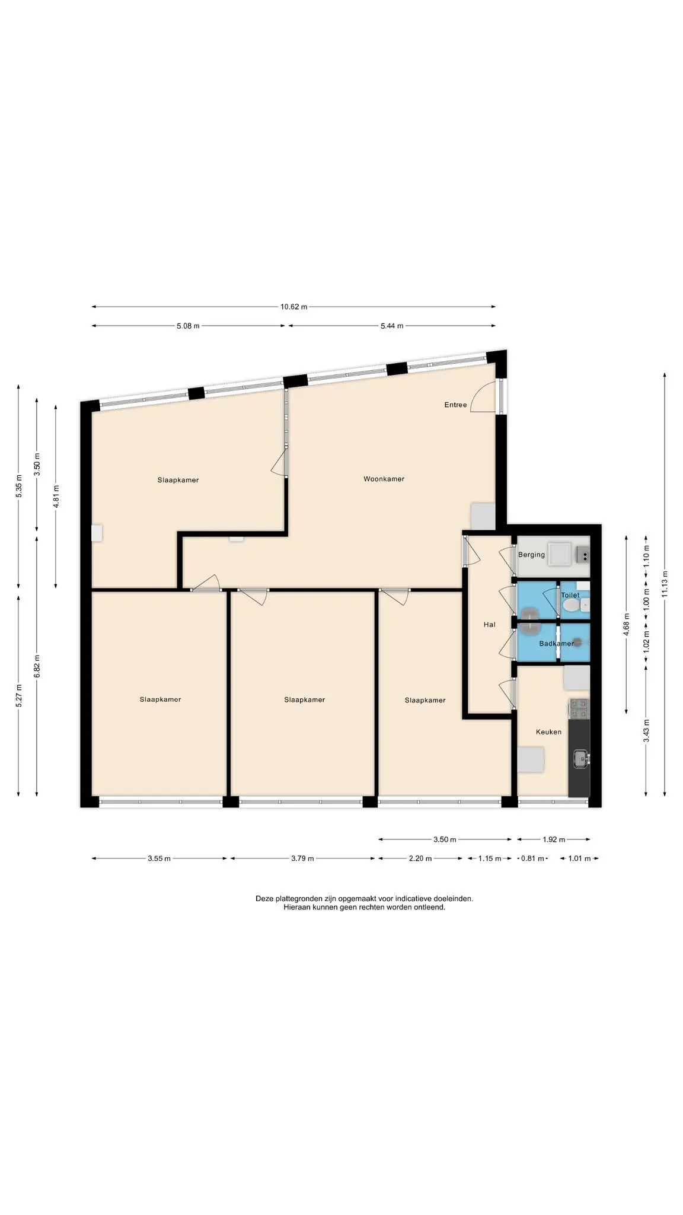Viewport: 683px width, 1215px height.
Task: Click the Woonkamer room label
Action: pyautogui.click(x=384, y=479)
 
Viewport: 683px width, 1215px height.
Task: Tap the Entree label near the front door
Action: pyautogui.click(x=455, y=405)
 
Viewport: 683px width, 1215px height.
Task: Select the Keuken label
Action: pyautogui.click(x=548, y=732)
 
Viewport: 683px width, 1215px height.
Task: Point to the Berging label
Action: pyautogui.click(x=531, y=555)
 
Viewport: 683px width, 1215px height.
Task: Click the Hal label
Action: pyautogui.click(x=489, y=625)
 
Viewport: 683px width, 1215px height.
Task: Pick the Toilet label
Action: pyautogui.click(x=570, y=595)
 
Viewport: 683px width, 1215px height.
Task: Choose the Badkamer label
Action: pyautogui.click(x=556, y=644)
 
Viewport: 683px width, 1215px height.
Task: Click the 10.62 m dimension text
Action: pyautogui.click(x=294, y=307)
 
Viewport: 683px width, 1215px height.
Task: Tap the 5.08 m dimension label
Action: pyautogui.click(x=188, y=326)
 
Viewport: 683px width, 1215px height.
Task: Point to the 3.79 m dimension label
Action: pyautogui.click(x=302, y=858)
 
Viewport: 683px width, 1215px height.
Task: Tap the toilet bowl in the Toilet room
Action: pyautogui.click(x=570, y=605)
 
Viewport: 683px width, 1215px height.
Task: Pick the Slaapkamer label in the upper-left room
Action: pyautogui.click(x=178, y=480)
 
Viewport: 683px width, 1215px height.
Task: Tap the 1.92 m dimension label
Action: pyautogui.click(x=554, y=839)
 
